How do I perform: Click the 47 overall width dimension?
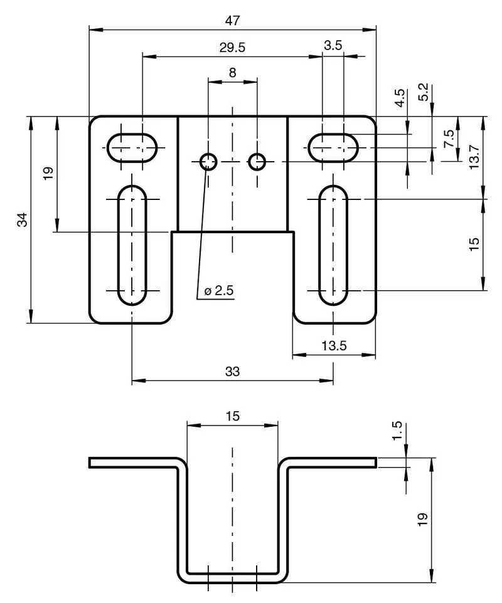pyautogui.click(x=232, y=21)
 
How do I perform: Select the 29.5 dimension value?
pyautogui.click(x=232, y=48)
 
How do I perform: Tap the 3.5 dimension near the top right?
pyautogui.click(x=333, y=45)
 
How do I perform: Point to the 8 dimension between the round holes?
pyautogui.click(x=233, y=72)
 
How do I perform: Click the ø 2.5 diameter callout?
pyautogui.click(x=218, y=290)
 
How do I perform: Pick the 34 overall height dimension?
pyautogui.click(x=23, y=219)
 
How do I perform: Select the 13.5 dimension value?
pyautogui.click(x=334, y=346)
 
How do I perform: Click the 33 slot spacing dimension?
pyautogui.click(x=232, y=372)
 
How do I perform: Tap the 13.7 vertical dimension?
pyautogui.click(x=474, y=157)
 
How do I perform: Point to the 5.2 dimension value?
pyautogui.click(x=423, y=92)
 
